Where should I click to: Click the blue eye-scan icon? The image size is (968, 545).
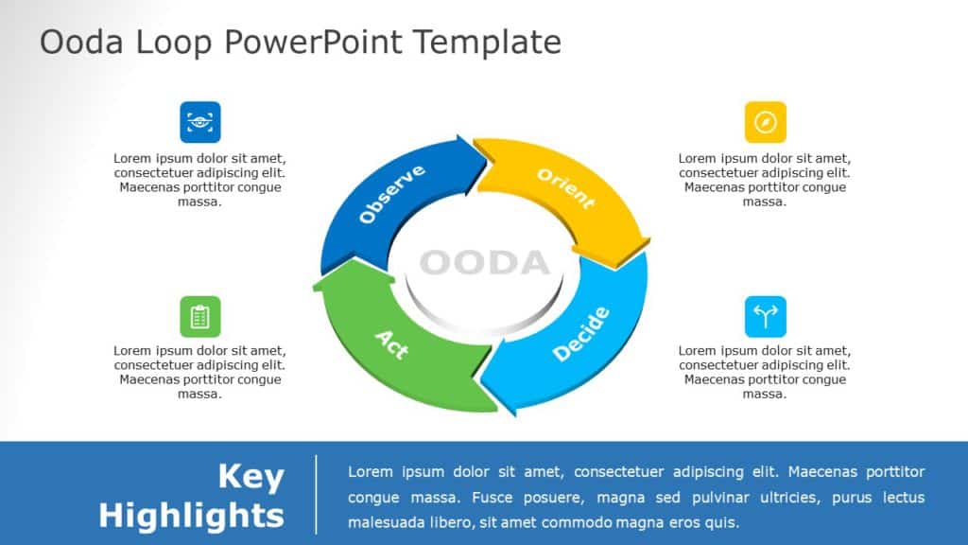[199, 122]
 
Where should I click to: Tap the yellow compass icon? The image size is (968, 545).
[765, 122]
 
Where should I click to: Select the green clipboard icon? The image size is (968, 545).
[199, 316]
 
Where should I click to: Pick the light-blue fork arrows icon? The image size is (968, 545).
[765, 316]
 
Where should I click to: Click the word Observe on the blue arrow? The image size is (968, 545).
[391, 194]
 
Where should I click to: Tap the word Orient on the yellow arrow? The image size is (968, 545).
[565, 188]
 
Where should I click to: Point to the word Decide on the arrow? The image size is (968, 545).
[581, 334]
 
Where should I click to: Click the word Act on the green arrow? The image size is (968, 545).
[391, 344]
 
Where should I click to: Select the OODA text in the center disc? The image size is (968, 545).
[483, 262]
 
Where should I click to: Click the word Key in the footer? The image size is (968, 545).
[251, 477]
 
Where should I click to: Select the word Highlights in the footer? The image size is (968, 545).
[191, 516]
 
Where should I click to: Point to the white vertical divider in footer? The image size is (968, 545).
[316, 494]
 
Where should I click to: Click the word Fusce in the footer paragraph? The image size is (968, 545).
[463, 497]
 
